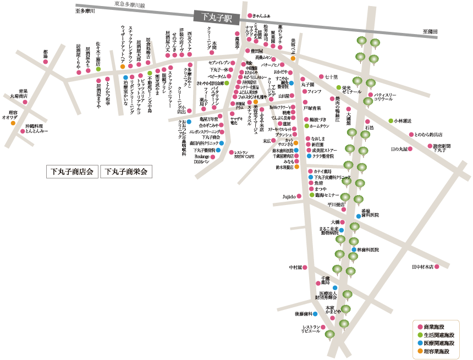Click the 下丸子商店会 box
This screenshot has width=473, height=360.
(71, 171)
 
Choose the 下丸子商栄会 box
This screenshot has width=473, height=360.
(125, 171)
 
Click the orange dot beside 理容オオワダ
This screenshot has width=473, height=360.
(13, 123)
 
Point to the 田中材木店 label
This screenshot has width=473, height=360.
(422, 267)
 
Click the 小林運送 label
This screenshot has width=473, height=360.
(403, 120)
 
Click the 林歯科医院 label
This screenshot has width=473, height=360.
(368, 250)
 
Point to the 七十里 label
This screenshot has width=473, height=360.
(332, 76)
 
